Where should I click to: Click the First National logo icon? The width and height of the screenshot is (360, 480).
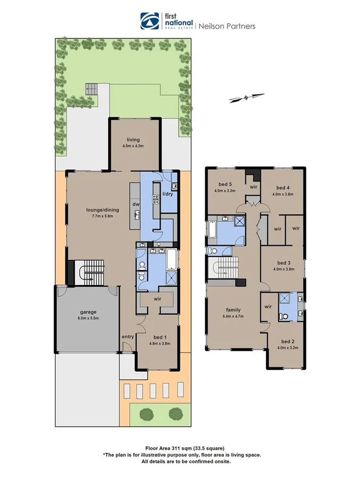pyautogui.click(x=150, y=21)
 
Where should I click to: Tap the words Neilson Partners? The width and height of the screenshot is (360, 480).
pyautogui.click(x=227, y=26)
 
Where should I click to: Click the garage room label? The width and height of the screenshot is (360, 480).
pyautogui.click(x=87, y=313)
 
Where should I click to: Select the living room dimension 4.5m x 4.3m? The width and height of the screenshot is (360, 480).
pyautogui.click(x=133, y=146)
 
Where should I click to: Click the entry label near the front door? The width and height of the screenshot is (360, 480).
pyautogui.click(x=127, y=337)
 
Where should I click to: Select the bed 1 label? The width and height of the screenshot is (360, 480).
pyautogui.click(x=158, y=337)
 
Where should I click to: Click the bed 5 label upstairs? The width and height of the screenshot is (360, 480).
pyautogui.click(x=222, y=184)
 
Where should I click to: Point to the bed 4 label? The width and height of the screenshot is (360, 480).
pyautogui.click(x=283, y=188)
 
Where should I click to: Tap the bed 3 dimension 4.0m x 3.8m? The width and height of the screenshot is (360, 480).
pyautogui.click(x=283, y=269)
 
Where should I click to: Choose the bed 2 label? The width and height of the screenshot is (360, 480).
pyautogui.click(x=287, y=341)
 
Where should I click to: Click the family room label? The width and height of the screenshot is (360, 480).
pyautogui.click(x=233, y=310)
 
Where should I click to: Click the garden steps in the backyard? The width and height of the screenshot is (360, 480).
pyautogui.click(x=92, y=89)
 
